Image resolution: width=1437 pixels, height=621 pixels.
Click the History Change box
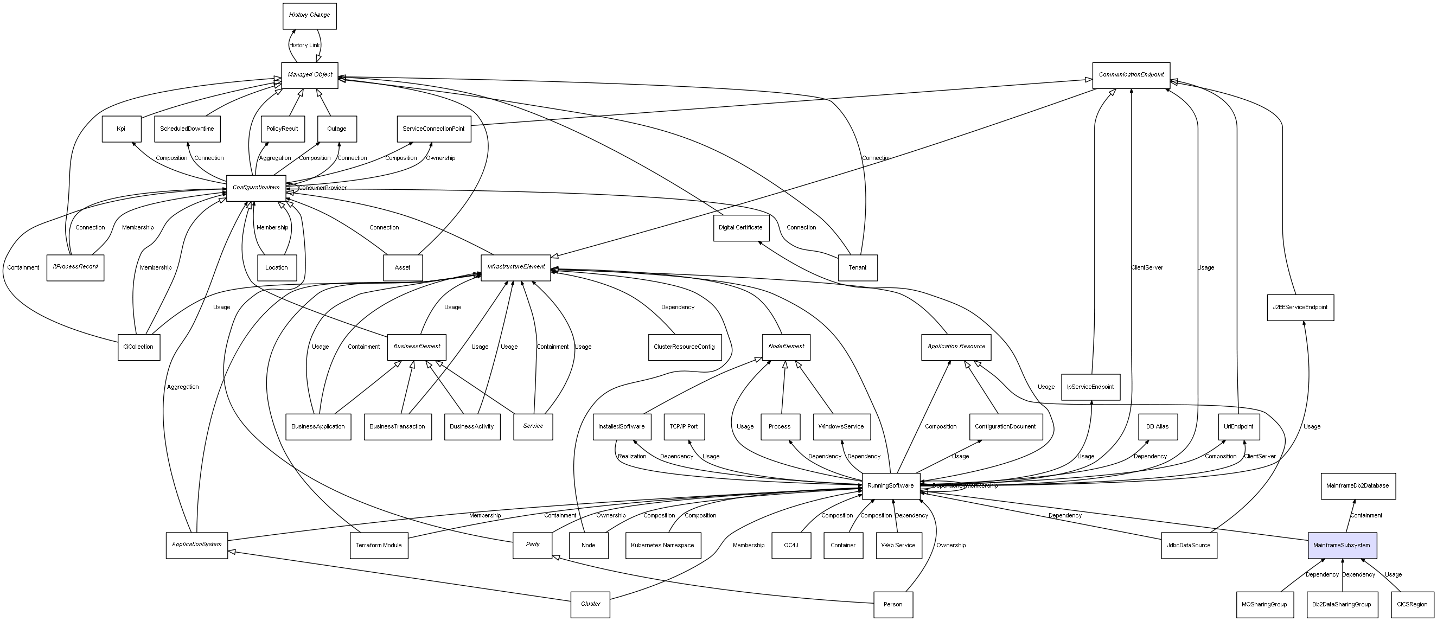point(310,16)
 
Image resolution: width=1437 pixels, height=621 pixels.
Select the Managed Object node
point(310,75)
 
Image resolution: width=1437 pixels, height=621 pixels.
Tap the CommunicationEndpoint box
point(1131,75)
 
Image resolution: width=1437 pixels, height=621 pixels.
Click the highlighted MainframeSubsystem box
point(1342,545)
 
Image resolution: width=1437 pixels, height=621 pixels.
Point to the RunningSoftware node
point(890,486)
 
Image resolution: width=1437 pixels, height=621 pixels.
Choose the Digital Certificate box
point(740,228)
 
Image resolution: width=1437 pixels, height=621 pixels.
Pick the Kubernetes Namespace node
point(662,545)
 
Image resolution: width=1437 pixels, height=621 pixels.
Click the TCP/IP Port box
point(684,427)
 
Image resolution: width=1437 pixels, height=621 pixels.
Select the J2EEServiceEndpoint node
point(1300,308)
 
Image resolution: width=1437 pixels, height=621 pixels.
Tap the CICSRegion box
point(1412,604)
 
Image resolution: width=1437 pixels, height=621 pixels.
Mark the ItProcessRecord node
point(75,267)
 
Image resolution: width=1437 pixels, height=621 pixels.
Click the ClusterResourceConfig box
point(684,347)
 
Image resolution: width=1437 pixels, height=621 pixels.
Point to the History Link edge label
point(304,45)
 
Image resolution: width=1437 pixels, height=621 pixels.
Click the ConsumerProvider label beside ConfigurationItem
point(322,188)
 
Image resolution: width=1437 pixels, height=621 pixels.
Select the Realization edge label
point(632,457)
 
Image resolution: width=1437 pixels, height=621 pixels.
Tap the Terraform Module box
point(379,545)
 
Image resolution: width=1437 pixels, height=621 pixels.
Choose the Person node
point(892,604)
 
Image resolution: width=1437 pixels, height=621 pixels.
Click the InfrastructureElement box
point(516,267)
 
